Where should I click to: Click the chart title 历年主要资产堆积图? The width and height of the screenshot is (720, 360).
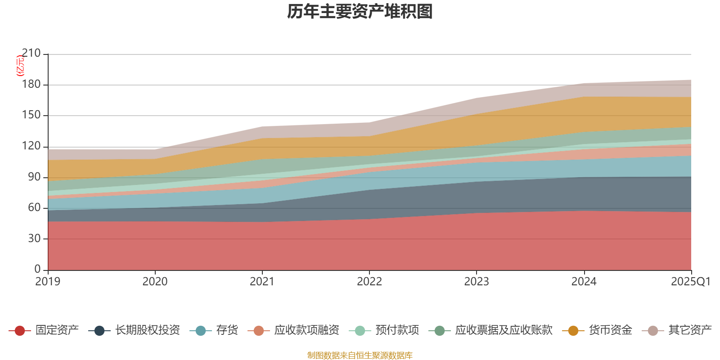tap(360, 12)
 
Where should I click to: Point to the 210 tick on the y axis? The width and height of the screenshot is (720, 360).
tap(31, 54)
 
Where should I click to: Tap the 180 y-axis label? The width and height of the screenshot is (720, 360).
tap(31, 85)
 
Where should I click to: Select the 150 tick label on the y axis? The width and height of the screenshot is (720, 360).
tap(31, 115)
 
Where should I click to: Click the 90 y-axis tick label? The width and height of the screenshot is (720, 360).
tap(34, 177)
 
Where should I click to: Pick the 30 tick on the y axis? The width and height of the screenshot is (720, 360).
tap(34, 238)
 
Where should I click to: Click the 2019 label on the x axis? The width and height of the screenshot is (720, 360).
tap(48, 282)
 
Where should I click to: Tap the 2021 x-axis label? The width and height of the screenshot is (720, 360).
tap(262, 282)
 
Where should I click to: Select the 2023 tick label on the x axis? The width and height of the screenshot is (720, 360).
tap(477, 282)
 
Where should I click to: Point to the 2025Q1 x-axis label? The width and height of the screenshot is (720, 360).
tap(690, 282)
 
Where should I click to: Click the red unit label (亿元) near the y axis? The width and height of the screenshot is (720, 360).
tap(20, 66)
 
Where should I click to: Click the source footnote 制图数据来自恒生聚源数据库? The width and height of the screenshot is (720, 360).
tap(360, 355)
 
